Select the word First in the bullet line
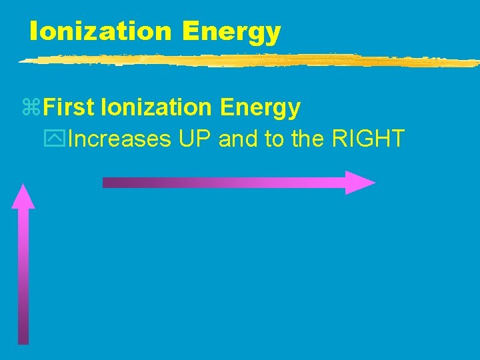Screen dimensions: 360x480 click(73, 107)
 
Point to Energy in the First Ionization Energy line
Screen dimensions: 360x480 click(260, 108)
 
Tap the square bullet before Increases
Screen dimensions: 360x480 click(58, 140)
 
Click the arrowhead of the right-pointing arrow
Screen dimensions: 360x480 click(359, 182)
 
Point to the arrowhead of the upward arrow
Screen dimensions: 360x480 click(23, 197)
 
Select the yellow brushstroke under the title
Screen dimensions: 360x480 click(247, 61)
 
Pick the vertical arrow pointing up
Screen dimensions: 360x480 click(23, 267)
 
